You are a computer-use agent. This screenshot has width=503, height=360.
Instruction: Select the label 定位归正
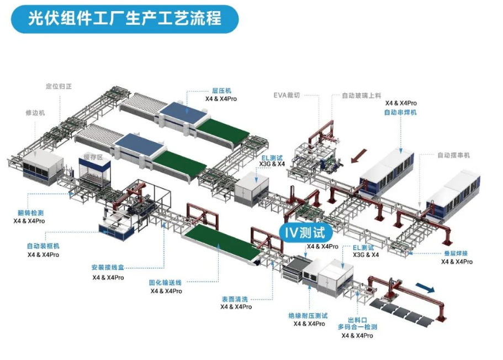tap(59, 87)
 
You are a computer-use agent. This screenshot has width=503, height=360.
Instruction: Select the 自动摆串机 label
tap(453, 155)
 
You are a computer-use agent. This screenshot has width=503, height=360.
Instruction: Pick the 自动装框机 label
tap(43, 246)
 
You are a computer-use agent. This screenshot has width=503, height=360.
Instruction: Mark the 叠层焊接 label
tap(456, 253)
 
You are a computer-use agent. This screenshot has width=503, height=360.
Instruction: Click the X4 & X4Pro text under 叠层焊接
tap(457, 262)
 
